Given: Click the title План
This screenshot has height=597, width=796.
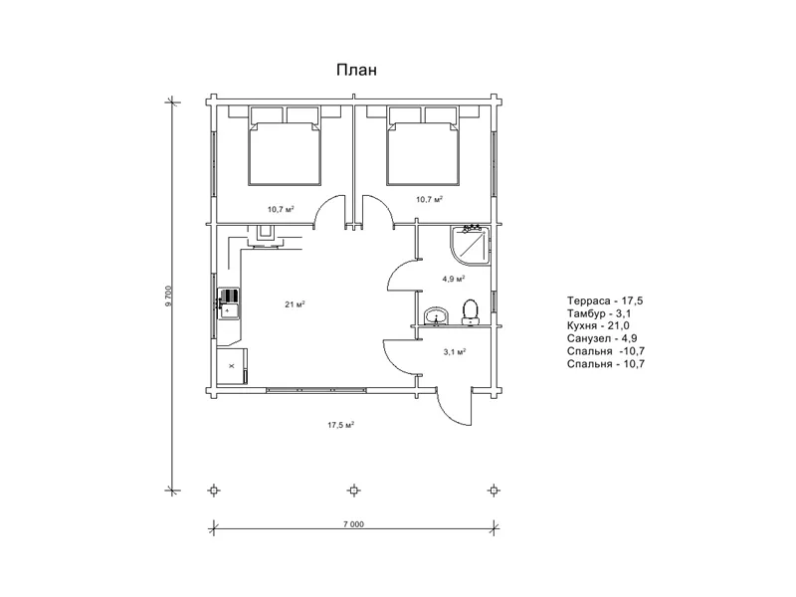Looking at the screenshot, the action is click(356, 70).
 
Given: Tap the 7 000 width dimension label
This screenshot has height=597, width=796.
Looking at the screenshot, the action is click(353, 524).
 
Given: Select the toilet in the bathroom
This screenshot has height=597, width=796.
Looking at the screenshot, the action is click(470, 311).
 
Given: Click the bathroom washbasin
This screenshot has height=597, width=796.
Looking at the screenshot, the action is click(436, 316).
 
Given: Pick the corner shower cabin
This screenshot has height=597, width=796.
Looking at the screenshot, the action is click(470, 246).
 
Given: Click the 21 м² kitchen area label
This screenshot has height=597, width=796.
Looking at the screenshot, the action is click(295, 304).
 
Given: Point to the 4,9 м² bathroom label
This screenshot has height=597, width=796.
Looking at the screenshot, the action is click(454, 279).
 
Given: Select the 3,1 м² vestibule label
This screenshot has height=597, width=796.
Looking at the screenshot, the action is click(455, 351).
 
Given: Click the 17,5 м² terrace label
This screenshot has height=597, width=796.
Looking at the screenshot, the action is click(340, 425).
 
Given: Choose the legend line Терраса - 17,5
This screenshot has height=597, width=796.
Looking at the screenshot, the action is click(605, 300).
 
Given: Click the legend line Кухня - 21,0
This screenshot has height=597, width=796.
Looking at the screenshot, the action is click(599, 325).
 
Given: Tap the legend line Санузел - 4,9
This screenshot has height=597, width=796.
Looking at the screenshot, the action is click(602, 338).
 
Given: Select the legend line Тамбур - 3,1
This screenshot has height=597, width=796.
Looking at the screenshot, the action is click(599, 313).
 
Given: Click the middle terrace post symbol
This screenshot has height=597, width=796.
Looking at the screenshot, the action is click(354, 491).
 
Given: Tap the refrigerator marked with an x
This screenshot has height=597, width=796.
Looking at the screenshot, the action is click(232, 366).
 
